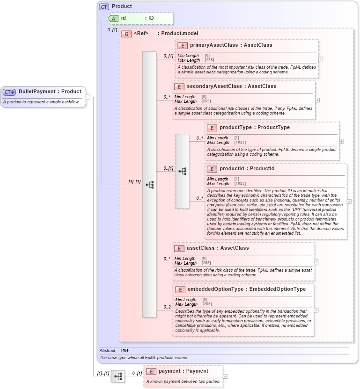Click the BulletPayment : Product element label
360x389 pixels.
click(50, 92)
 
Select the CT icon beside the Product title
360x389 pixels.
click(104, 7)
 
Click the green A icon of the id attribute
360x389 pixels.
click(113, 18)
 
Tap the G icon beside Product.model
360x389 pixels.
click(126, 34)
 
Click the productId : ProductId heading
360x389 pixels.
click(247, 169)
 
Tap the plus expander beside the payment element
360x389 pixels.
click(225, 376)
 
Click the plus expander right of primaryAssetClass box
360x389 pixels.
click(321, 59)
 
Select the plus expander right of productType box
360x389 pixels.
click(341, 141)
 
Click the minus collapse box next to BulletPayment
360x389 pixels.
click(88, 97)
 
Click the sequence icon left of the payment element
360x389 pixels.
click(118, 376)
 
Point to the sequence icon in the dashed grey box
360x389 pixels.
click(182, 172)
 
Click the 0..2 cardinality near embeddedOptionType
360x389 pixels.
click(167, 307)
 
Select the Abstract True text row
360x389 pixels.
click(114, 350)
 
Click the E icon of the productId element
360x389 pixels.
click(212, 169)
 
